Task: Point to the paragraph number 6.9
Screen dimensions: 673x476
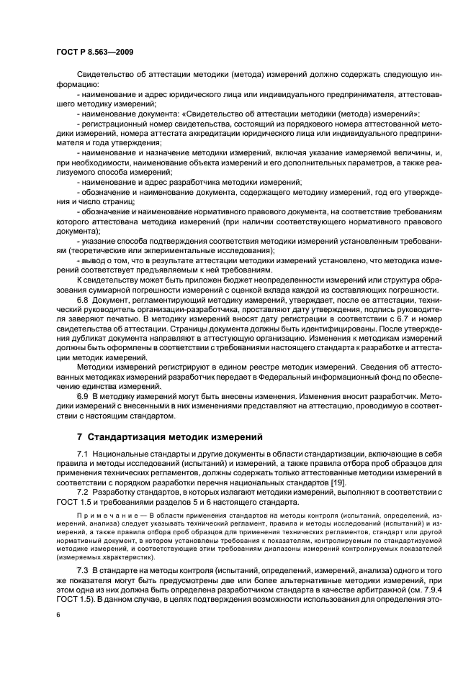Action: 83,396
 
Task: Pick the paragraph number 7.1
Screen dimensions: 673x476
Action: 83,455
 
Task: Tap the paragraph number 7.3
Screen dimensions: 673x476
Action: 83,569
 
